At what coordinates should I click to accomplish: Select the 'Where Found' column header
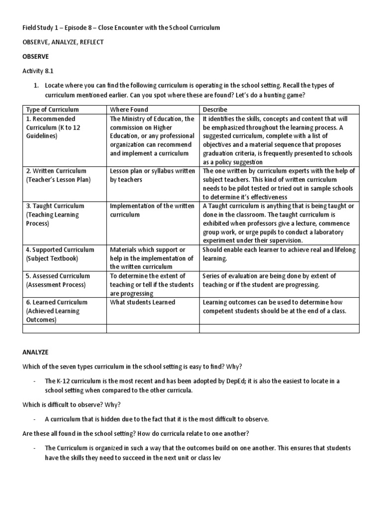coord(129,110)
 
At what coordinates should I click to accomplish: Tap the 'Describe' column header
coord(215,110)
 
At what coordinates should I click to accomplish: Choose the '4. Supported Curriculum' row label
coord(60,254)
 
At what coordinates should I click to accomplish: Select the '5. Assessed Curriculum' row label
coord(58,280)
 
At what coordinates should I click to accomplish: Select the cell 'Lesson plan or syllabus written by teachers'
coord(152,175)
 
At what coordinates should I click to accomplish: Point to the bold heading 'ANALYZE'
coord(35,352)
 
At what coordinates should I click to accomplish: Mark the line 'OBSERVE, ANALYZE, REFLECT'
coord(63,42)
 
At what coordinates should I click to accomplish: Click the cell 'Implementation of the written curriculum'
coord(152,210)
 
